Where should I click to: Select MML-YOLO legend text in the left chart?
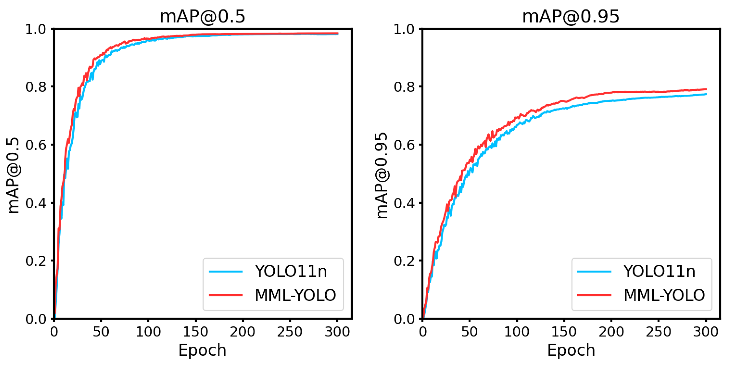click(x=295, y=295)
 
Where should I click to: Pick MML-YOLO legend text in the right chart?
click(x=664, y=295)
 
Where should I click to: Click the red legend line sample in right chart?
click(x=594, y=295)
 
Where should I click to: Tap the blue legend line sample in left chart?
click(x=226, y=271)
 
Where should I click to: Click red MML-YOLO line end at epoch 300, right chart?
click(x=706, y=89)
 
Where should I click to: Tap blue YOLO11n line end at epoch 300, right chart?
click(x=706, y=94)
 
